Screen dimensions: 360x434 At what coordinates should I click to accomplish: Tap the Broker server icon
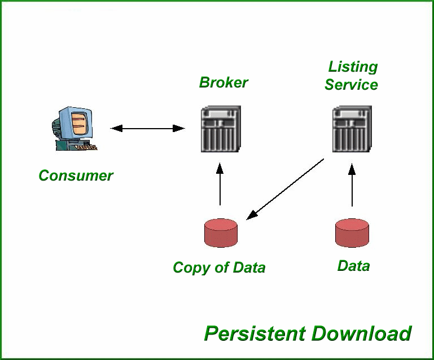tap(221, 129)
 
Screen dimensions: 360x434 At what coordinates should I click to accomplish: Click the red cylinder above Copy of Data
tap(220, 233)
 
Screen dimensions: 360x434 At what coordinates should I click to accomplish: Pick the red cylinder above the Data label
tap(352, 232)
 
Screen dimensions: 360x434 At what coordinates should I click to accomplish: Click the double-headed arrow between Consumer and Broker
tap(148, 129)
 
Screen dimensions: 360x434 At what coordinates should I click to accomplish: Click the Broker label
tap(223, 82)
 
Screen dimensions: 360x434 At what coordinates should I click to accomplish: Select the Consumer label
tap(76, 175)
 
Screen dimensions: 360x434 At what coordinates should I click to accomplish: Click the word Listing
tap(353, 67)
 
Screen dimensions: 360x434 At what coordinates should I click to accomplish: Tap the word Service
tap(351, 85)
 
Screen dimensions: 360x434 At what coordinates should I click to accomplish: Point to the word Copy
tap(190, 267)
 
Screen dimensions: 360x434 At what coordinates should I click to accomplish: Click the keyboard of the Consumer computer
tap(86, 147)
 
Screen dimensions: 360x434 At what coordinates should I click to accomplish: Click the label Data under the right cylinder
tap(353, 266)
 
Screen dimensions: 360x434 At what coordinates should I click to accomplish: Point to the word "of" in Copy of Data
tap(220, 267)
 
